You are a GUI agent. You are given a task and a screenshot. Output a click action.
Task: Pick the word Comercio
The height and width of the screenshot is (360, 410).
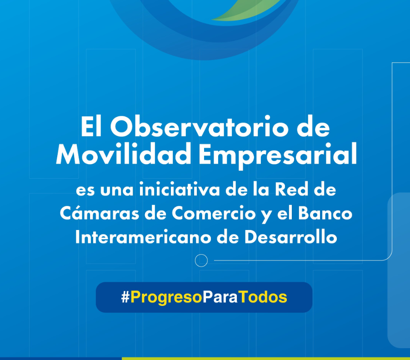[x=214, y=213]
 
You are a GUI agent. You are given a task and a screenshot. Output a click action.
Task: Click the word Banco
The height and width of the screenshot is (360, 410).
[x=325, y=213]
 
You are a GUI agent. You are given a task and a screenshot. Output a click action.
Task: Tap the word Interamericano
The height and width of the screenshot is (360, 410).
[x=143, y=237]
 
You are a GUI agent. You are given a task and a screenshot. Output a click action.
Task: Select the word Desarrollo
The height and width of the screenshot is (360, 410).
[x=291, y=237]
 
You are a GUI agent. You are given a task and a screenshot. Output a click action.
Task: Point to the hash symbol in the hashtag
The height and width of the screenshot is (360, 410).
[x=125, y=297]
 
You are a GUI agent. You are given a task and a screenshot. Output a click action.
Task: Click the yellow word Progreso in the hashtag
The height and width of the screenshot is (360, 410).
[x=166, y=298]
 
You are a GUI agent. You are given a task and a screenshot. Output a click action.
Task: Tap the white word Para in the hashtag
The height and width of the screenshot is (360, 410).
[x=220, y=297]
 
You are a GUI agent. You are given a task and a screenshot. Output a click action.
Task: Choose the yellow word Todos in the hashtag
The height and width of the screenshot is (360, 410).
[x=263, y=297]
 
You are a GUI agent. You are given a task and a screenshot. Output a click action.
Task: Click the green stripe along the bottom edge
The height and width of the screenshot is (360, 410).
[x=265, y=359]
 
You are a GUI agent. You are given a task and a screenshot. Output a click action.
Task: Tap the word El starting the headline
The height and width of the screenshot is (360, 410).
[x=91, y=126]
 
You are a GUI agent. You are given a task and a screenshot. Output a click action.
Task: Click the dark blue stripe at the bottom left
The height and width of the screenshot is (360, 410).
[x=60, y=359]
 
